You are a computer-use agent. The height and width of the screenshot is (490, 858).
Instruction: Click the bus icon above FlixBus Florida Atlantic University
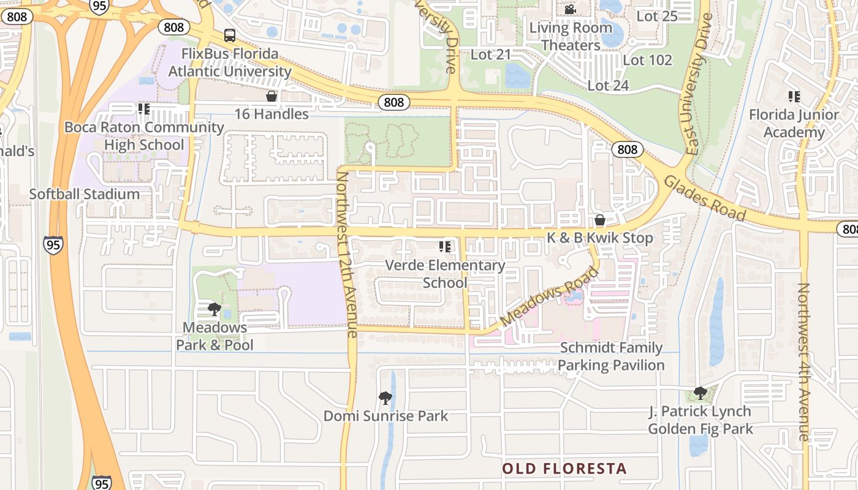[x=230, y=36]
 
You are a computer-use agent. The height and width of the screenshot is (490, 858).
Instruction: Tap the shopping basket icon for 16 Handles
[x=271, y=96]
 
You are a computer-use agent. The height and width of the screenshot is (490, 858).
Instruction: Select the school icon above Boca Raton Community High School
[x=144, y=109]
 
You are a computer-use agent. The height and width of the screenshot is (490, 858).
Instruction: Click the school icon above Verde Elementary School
[x=445, y=247]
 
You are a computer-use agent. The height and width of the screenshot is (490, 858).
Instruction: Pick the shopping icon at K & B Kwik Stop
[x=600, y=220]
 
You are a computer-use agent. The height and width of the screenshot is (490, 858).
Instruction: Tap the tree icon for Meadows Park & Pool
[x=214, y=309]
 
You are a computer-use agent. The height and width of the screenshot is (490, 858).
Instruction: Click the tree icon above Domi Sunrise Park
[x=385, y=398]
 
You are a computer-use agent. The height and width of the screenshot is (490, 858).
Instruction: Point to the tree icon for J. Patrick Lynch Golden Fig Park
[x=700, y=393]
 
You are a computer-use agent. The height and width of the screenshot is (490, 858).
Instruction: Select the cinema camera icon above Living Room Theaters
[x=570, y=9]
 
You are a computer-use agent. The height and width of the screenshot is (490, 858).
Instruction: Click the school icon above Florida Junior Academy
[x=794, y=96]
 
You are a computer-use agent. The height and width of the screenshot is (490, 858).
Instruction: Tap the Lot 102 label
[x=647, y=60]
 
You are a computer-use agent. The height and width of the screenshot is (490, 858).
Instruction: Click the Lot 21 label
[x=490, y=55]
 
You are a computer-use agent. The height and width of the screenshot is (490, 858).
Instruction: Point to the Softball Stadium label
[x=85, y=194]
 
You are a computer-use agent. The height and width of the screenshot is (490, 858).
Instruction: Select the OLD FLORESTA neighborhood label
[x=564, y=469]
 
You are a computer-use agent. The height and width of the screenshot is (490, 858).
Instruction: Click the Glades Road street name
[x=705, y=198]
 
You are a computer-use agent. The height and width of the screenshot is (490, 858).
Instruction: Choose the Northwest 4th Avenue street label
[x=804, y=361]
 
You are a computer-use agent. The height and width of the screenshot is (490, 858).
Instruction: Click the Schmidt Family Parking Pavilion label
[x=611, y=356]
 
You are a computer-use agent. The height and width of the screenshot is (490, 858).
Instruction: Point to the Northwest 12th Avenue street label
[x=347, y=254]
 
